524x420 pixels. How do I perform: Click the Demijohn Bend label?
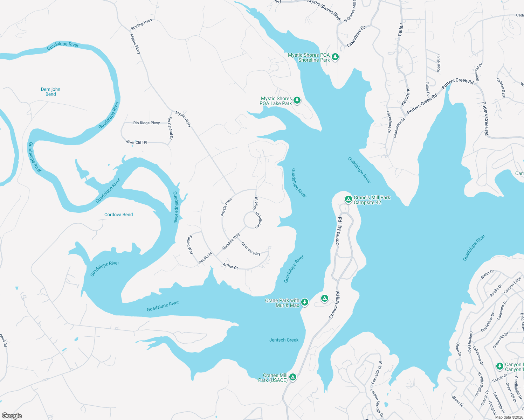pyautogui.click(x=50, y=92)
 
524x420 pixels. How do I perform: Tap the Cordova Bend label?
pyautogui.click(x=118, y=215)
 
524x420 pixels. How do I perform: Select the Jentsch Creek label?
pyautogui.click(x=284, y=340)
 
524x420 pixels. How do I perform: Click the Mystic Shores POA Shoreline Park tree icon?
pyautogui.click(x=335, y=57)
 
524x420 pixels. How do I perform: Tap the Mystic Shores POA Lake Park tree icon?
pyautogui.click(x=297, y=101)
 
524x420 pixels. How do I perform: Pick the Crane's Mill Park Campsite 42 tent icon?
pyautogui.click(x=348, y=199)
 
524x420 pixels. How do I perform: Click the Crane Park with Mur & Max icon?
pyautogui.click(x=305, y=302)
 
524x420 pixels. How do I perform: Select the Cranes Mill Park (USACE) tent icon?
pyautogui.click(x=293, y=377)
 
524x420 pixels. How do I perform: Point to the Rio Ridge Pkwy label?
pyautogui.click(x=146, y=123)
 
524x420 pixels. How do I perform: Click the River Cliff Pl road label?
pyautogui.click(x=137, y=142)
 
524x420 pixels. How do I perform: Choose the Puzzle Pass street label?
pyautogui.click(x=226, y=207)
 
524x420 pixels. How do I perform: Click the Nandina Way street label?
pyautogui.click(x=231, y=241)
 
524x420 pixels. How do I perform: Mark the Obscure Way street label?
pyautogui.click(x=251, y=249)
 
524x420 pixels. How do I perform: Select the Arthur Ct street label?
pyautogui.click(x=230, y=266)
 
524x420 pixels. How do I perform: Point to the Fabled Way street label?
pyautogui.click(x=190, y=244)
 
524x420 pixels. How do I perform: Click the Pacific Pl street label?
pyautogui.click(x=205, y=258)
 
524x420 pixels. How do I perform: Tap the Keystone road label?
pyautogui.click(x=405, y=97)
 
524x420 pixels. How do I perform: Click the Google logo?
pyautogui.click(x=12, y=416)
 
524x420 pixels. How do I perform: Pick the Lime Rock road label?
pyautogui.click(x=438, y=63)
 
